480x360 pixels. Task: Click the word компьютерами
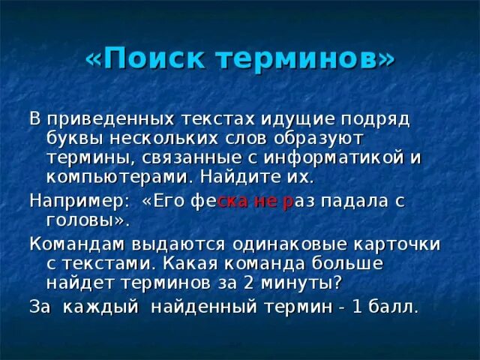(111, 178)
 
